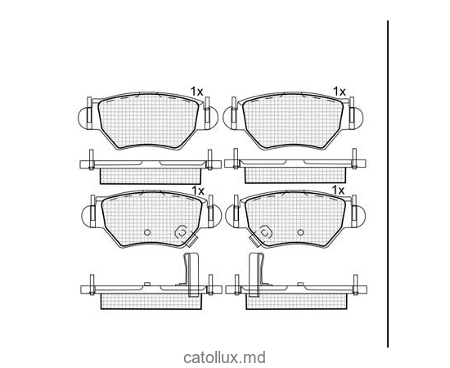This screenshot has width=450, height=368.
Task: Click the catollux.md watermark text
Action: coord(224,358)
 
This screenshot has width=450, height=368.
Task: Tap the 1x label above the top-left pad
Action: coord(197,92)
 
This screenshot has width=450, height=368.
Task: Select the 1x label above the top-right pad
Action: coord(339,92)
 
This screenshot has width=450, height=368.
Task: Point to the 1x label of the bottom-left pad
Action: coord(198,191)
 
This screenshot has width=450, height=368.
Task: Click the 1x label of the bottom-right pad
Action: coord(338,190)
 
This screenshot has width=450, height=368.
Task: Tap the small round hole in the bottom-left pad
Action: coord(147,232)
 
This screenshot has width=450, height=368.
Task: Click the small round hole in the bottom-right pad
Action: coord(300,232)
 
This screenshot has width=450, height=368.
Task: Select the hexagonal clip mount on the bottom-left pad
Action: coord(182,232)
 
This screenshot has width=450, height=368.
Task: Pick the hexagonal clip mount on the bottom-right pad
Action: coord(265,232)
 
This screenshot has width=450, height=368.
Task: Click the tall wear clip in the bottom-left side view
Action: coord(191,275)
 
